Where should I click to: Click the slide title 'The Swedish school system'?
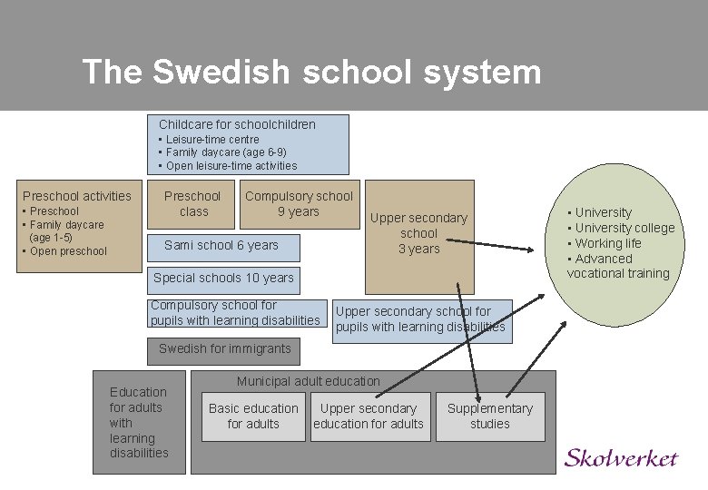point(310,72)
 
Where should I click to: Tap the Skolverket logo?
point(621,457)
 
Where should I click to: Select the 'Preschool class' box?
point(192,203)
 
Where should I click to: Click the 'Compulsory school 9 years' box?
point(299,203)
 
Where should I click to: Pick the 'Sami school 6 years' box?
point(221,245)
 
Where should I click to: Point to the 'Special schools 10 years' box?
point(223,278)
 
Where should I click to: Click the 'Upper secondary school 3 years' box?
point(418,233)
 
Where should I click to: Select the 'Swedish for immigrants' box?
point(224,349)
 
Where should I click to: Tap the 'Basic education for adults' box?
point(253,416)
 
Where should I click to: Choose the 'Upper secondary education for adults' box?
point(369,416)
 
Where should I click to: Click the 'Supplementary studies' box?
point(490,416)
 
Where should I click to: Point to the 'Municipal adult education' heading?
point(309,381)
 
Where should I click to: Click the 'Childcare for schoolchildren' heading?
point(237,124)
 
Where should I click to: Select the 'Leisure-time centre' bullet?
point(211,140)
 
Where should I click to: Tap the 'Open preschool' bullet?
point(68,251)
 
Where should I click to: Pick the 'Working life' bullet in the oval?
point(608,243)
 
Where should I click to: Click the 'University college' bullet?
point(624,228)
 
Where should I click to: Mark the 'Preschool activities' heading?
point(77,196)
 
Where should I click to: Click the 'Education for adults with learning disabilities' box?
point(139,422)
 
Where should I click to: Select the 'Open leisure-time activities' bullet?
point(231,166)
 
